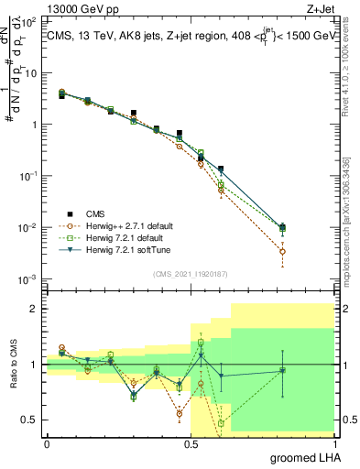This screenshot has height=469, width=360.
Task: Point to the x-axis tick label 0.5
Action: (x=191, y=443)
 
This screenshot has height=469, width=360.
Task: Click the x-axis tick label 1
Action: (x=335, y=443)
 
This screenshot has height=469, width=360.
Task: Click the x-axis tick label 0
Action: (x=47, y=443)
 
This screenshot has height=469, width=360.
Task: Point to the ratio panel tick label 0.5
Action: (x=31, y=420)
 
